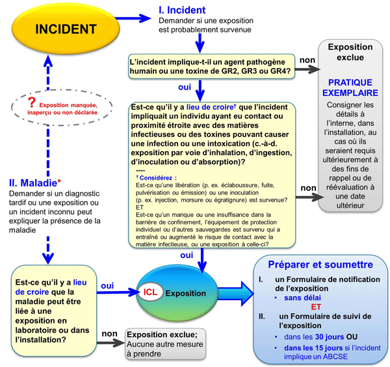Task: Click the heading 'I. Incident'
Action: point(182,10)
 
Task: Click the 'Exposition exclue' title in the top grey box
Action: point(350,53)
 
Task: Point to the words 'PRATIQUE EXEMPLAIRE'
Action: point(350,88)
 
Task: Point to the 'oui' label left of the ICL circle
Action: point(108,285)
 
